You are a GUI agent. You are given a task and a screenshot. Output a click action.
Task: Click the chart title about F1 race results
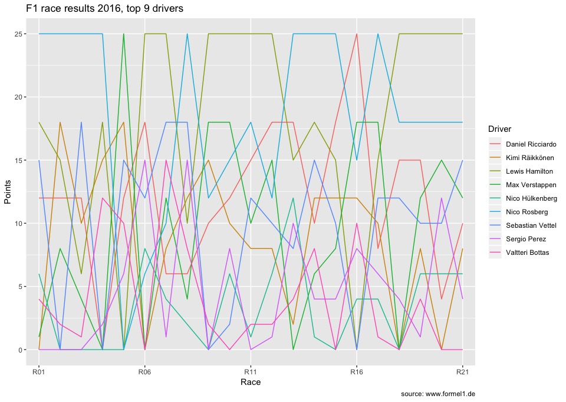pyautogui.click(x=104, y=9)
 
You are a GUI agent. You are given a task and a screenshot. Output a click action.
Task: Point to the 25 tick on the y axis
pyautogui.click(x=19, y=34)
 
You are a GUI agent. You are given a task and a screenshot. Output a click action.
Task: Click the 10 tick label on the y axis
pyautogui.click(x=19, y=224)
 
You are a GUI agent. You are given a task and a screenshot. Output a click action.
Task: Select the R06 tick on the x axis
pyautogui.click(x=145, y=372)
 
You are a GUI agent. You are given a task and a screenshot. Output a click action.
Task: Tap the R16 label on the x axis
pyautogui.click(x=357, y=372)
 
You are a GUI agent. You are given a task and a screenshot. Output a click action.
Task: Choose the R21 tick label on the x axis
pyautogui.click(x=462, y=372)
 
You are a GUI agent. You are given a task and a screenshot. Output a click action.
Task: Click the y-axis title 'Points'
pyautogui.click(x=8, y=192)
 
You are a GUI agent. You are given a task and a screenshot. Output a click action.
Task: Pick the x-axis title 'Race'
pyautogui.click(x=251, y=383)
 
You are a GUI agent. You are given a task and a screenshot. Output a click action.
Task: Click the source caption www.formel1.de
pyautogui.click(x=437, y=394)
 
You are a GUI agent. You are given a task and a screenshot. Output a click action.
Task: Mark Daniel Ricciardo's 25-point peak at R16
pyautogui.click(x=357, y=34)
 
